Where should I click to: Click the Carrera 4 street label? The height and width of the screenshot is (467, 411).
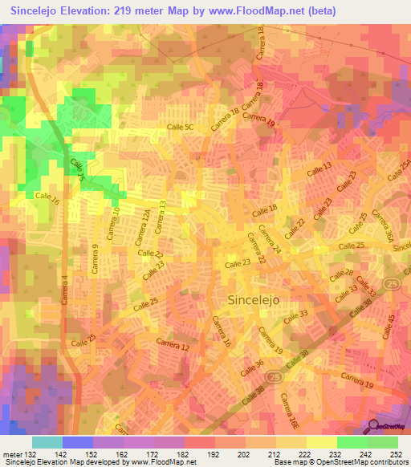[x=64, y=289]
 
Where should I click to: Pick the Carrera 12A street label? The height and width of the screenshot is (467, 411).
[x=143, y=229]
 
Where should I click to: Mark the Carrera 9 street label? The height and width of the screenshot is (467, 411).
[x=95, y=259]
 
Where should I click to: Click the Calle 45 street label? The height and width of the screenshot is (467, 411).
[x=393, y=325]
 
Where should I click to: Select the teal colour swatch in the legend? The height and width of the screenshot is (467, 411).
[x=47, y=442]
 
